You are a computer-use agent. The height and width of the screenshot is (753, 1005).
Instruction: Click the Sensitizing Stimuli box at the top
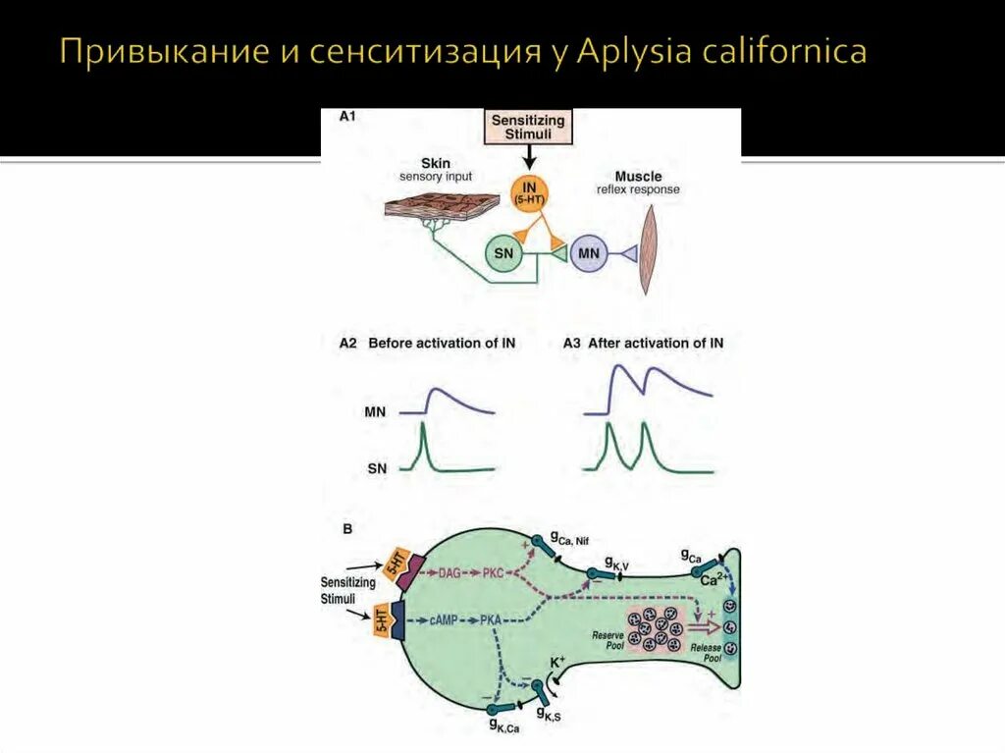coord(528,127)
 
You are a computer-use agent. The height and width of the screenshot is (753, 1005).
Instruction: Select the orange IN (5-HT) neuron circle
coord(529,191)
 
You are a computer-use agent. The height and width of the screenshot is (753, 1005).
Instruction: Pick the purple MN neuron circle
coord(589,254)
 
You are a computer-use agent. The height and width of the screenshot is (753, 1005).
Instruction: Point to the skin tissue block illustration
coord(430,208)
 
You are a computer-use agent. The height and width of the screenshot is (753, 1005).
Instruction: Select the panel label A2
coord(347,344)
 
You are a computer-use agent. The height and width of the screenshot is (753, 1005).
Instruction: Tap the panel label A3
coord(572,344)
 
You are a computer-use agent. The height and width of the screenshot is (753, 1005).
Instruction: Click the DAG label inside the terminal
coord(450,573)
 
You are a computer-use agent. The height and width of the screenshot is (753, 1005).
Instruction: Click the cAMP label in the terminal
coord(446,620)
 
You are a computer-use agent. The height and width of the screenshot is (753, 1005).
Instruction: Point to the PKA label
coord(492,620)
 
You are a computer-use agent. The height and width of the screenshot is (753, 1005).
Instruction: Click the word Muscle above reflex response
coord(637,176)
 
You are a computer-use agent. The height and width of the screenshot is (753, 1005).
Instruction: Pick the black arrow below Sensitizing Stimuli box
coord(529,155)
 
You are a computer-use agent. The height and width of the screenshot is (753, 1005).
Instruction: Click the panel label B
coord(347,528)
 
